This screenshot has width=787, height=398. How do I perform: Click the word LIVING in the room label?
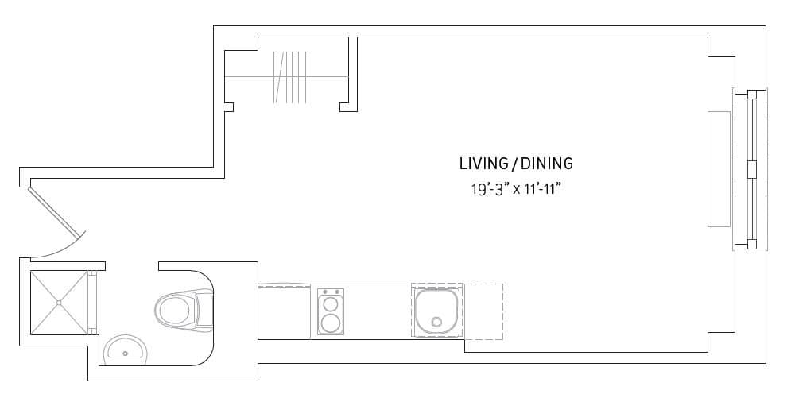pyautogui.click(x=484, y=164)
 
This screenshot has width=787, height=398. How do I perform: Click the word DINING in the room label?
pyautogui.click(x=547, y=164)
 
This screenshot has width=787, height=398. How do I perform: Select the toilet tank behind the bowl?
pyautogui.click(x=206, y=310)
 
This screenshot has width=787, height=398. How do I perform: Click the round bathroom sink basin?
pyautogui.click(x=126, y=351)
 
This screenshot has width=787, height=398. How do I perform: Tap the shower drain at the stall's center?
pyautogui.click(x=59, y=302)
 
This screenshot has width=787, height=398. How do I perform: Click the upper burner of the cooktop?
pyautogui.click(x=330, y=303)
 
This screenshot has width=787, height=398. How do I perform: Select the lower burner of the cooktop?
pyautogui.click(x=330, y=323)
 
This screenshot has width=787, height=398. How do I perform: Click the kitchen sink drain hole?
pyautogui.click(x=437, y=321)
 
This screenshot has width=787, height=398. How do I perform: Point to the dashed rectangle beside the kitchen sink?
pyautogui.click(x=483, y=311)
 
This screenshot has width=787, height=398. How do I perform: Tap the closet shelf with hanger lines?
pyautogui.click(x=289, y=77)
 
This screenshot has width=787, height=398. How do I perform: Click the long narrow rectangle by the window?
pyautogui.click(x=719, y=169)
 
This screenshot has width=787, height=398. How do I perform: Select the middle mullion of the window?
pyautogui.click(x=751, y=169)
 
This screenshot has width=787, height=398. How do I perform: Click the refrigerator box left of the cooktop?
pyautogui.click(x=284, y=311)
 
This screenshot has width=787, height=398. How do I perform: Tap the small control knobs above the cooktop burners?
pyautogui.click(x=330, y=292)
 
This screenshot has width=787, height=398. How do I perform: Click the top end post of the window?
pyautogui.click(x=752, y=95)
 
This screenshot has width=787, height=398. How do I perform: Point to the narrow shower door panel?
pyautogui.click(x=92, y=302)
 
